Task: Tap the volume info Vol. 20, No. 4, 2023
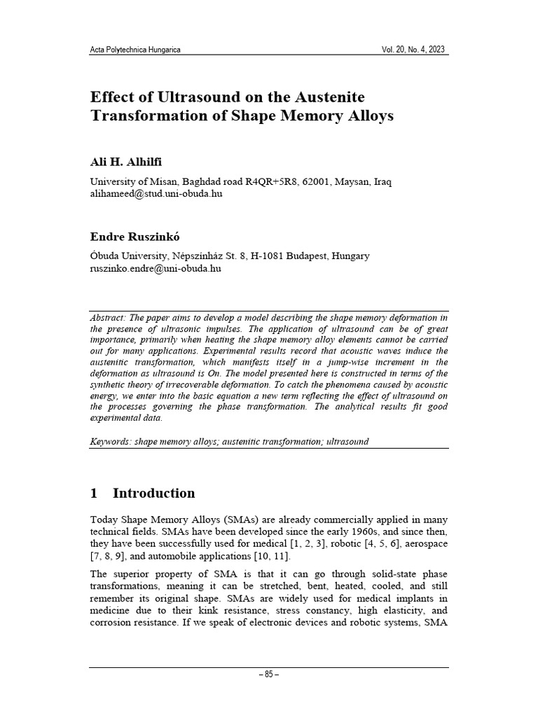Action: coord(413,50)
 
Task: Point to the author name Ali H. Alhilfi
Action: coord(126,162)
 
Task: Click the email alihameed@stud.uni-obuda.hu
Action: coord(156,193)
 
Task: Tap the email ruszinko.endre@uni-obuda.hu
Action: coord(156,267)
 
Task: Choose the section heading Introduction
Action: coord(153,493)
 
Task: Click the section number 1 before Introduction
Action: coord(95,493)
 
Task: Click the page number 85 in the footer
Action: coord(269,674)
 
